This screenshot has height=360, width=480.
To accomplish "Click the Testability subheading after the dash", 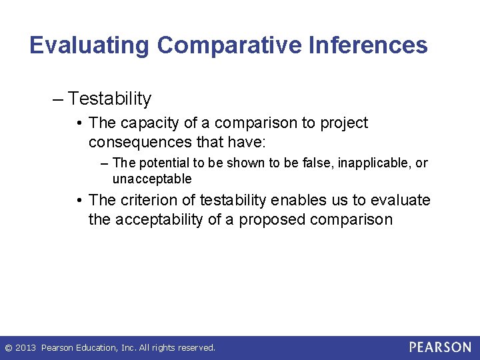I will tap(110, 99).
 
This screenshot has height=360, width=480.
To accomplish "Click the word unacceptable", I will tap(152, 179).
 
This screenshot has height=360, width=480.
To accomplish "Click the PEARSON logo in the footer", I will tap(440, 347).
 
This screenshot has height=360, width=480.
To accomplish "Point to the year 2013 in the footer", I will tap(26, 348).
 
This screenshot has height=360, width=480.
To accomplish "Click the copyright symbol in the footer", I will tap(8, 348).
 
